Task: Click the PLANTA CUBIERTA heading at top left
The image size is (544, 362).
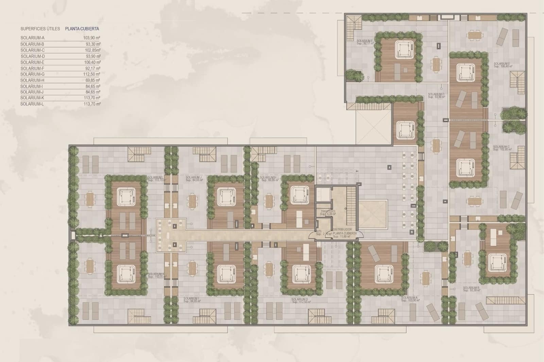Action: click(82, 29)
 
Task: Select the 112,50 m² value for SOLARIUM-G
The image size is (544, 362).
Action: click(92, 74)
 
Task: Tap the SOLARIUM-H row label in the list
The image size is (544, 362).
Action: click(32, 80)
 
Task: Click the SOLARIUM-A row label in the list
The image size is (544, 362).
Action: click(32, 38)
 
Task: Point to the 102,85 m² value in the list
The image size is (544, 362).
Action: click(93, 50)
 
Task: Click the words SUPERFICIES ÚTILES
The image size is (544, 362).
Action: click(40, 29)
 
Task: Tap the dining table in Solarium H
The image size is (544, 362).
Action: click(269, 201)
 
